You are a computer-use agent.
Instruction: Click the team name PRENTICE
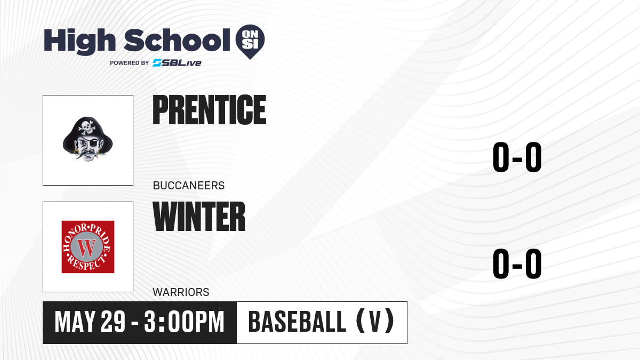coord(210,110)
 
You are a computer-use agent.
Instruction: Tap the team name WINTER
coord(199,217)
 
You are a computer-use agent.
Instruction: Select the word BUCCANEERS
coord(189,186)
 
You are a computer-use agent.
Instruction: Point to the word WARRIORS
coord(181,292)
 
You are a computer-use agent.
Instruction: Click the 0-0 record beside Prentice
coord(517,157)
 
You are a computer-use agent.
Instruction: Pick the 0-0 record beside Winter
coord(517,263)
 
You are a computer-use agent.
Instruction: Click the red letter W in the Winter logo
coord(87,248)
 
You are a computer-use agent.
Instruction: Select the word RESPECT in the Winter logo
coord(86,263)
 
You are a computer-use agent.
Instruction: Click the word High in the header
coord(79,42)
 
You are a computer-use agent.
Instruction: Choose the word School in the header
coord(177,40)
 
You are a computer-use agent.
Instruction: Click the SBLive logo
coord(177,63)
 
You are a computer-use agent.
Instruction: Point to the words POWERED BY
coord(130,63)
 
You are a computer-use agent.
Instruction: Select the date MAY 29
coord(90,322)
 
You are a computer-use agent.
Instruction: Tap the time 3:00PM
coord(185,322)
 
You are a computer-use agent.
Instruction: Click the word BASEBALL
coord(298,322)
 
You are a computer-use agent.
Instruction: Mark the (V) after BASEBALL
coord(375,321)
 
